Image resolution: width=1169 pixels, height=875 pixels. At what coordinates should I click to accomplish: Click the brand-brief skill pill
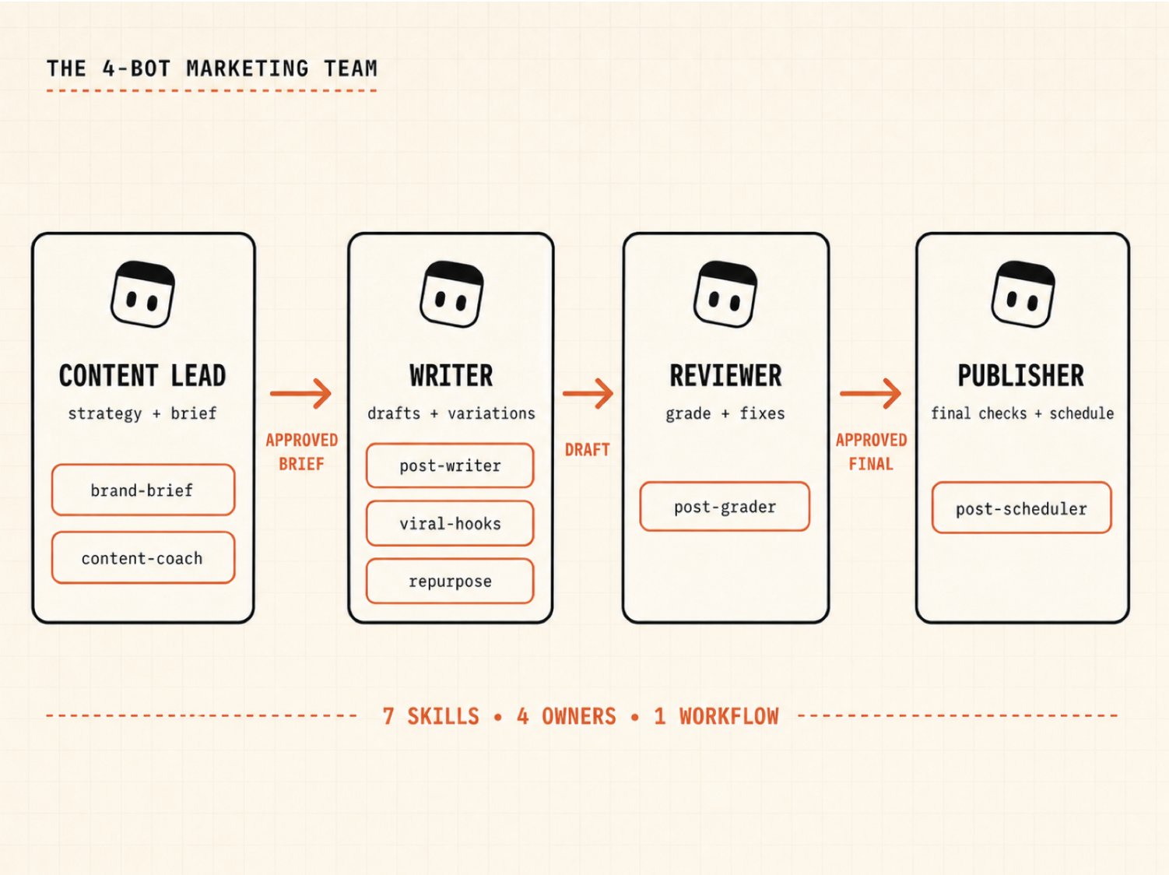[142, 490]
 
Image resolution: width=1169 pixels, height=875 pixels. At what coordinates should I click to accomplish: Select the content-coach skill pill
[142, 557]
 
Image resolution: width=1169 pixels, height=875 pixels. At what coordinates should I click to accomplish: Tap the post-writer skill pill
[450, 466]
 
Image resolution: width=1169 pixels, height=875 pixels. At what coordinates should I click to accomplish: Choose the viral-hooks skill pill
[450, 523]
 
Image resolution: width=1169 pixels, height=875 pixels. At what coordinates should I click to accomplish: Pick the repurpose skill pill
[450, 581]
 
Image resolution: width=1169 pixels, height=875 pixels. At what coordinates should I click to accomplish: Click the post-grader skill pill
[725, 507]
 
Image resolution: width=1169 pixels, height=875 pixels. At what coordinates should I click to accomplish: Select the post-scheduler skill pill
[1021, 508]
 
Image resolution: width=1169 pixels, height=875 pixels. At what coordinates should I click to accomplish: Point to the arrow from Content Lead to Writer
[301, 394]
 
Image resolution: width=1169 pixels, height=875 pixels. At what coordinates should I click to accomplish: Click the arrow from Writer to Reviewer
[588, 394]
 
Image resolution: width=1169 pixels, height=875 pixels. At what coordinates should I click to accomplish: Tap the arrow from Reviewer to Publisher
[871, 394]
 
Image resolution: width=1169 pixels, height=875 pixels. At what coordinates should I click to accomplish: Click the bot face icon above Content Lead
[142, 293]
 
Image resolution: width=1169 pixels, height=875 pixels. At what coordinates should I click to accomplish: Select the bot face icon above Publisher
[1023, 293]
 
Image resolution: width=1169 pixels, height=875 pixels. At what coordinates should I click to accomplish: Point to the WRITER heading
[451, 375]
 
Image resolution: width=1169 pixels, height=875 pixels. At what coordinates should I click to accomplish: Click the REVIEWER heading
[725, 375]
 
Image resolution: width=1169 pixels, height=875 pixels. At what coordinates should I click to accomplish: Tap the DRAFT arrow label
[588, 450]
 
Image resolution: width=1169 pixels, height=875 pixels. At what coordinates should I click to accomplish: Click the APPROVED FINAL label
[871, 452]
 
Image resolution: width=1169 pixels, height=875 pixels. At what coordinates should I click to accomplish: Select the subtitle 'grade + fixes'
[725, 413]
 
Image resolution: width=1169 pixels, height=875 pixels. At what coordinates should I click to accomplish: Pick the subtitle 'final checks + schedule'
[1022, 413]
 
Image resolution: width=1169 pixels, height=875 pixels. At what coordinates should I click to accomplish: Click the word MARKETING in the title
[247, 69]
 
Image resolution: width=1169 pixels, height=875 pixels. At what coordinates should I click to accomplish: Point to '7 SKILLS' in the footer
[431, 716]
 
